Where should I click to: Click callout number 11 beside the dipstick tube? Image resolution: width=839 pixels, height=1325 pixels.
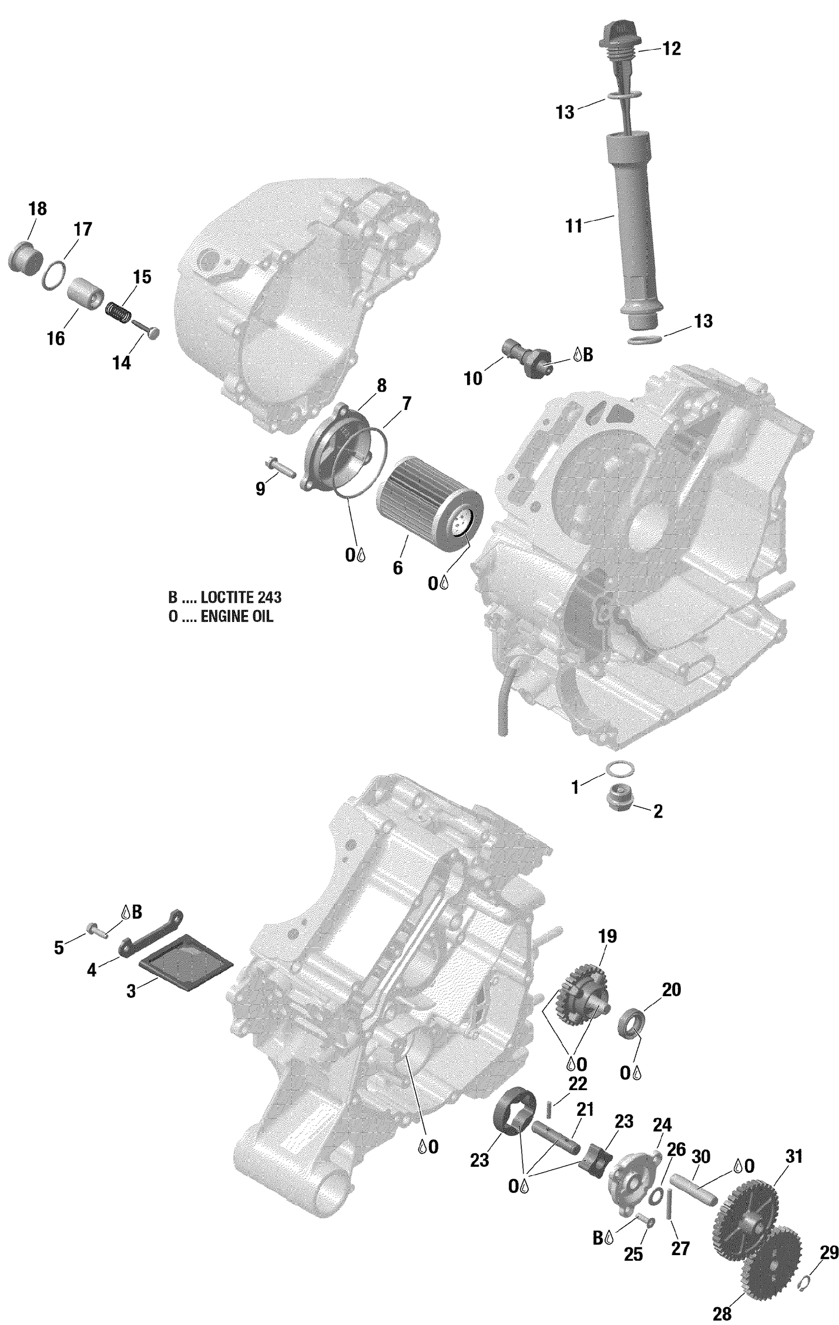pos(573,227)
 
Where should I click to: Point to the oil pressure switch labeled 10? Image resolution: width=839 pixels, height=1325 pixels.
pos(527,358)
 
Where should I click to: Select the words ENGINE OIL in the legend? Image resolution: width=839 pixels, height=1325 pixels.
pos(237,617)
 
